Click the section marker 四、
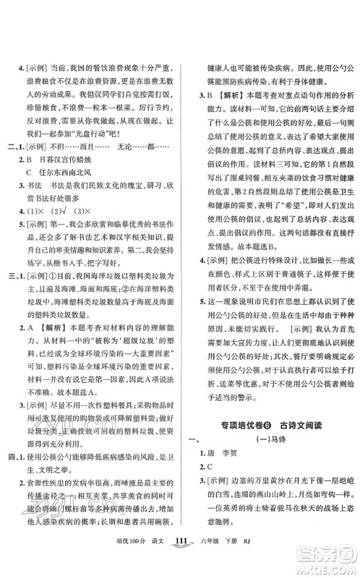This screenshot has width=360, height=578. (x=12, y=457)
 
